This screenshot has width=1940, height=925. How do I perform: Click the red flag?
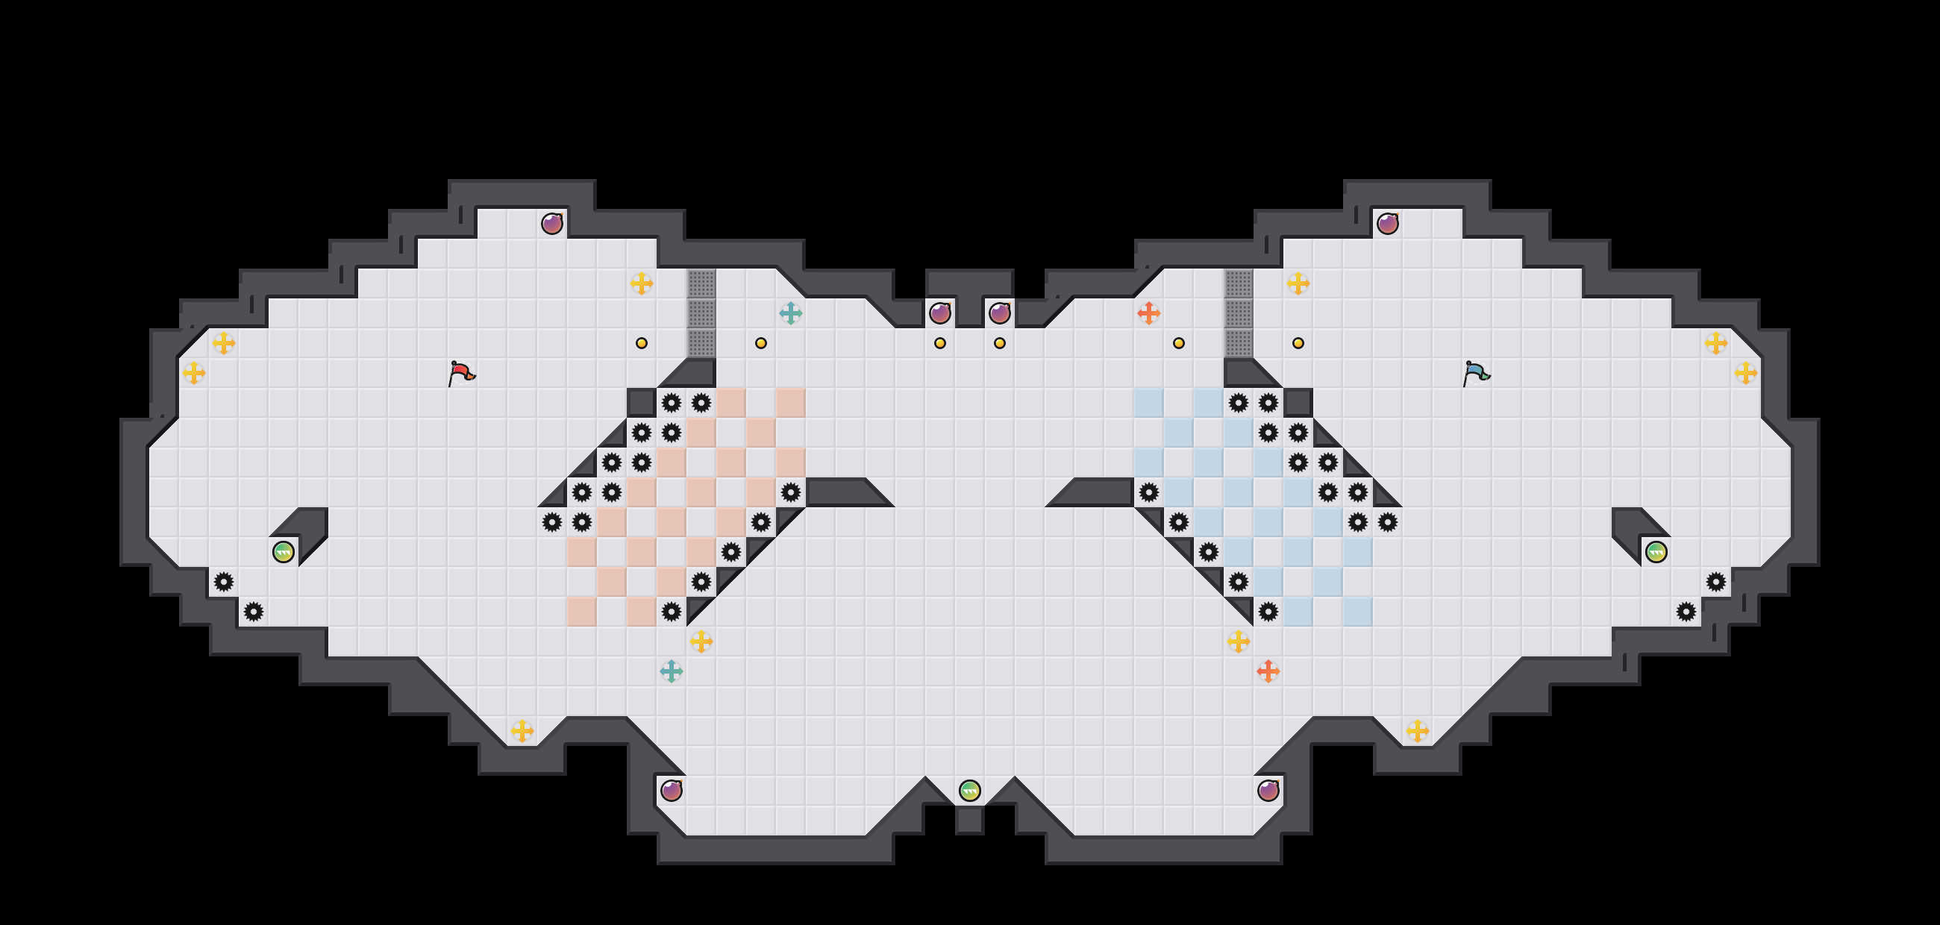[461, 372]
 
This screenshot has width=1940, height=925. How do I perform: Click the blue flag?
[1475, 372]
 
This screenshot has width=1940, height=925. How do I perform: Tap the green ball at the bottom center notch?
[969, 790]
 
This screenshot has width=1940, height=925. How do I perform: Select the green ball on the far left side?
[284, 552]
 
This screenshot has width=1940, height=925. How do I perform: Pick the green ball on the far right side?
[1656, 552]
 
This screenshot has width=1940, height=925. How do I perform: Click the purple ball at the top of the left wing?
[552, 224]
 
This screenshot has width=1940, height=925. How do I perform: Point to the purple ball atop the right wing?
[1387, 224]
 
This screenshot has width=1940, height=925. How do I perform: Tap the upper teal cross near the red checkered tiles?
[791, 313]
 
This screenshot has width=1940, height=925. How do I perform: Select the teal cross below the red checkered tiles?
[671, 671]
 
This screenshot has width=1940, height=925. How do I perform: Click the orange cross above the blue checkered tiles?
[1148, 313]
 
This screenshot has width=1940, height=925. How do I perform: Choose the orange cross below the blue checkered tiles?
[1268, 671]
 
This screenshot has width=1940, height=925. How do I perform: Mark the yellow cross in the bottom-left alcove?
[522, 730]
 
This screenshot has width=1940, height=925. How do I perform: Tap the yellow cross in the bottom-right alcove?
[1418, 730]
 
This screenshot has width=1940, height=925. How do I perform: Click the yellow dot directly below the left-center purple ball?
[940, 343]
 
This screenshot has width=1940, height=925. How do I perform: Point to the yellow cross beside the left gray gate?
[641, 283]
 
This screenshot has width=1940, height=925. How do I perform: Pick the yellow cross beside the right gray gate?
[1298, 283]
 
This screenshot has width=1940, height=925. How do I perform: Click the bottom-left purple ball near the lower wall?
[671, 790]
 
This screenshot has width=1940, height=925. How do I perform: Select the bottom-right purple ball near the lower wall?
[1268, 790]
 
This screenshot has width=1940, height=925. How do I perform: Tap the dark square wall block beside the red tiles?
[641, 403]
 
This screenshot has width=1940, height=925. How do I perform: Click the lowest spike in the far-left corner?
[254, 611]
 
